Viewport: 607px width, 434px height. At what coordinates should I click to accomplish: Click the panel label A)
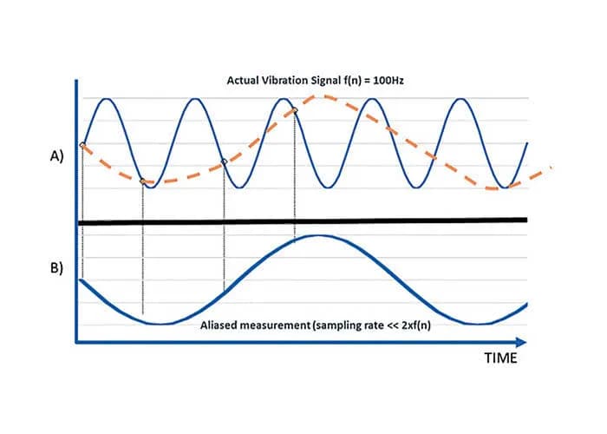(54, 159)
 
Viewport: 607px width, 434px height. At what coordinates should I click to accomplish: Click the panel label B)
(54, 266)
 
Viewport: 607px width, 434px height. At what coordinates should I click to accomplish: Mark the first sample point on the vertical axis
(82, 145)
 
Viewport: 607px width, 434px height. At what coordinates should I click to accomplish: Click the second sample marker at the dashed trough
(143, 181)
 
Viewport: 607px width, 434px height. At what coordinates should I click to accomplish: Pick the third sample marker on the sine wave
(225, 162)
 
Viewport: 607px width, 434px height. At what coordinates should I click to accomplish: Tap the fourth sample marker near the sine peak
(295, 110)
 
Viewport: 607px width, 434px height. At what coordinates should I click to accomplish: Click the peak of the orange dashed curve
(324, 95)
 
